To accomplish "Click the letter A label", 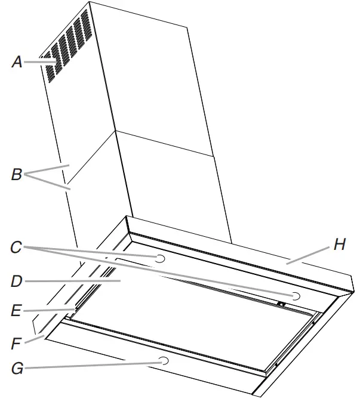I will point(17,61).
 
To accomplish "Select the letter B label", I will point(17,175).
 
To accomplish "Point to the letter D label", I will point(17,280).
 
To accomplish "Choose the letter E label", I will point(17,311).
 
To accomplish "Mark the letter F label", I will point(17,344).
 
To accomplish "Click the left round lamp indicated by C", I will point(160,258).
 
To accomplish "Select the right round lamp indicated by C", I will point(296,296).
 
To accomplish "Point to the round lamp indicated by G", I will point(163,360).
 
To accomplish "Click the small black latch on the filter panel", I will point(280,304).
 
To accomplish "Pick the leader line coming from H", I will point(307,253).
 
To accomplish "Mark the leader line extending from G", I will point(90,364).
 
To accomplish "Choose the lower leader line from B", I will point(51,182).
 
